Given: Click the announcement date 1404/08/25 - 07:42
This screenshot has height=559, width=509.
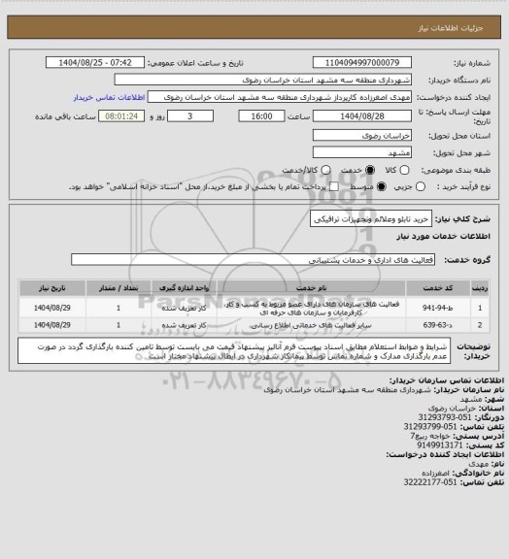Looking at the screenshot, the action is [x=93, y=62].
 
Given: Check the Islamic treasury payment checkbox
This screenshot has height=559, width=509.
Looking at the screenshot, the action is [x=334, y=185].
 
